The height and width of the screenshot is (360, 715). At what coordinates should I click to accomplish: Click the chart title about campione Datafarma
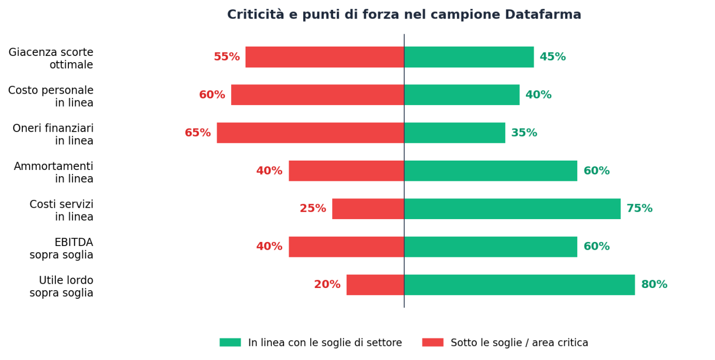[404, 15]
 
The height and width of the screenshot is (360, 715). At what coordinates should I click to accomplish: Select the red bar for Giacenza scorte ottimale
[324, 57]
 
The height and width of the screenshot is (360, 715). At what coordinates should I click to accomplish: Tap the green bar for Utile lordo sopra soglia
[519, 285]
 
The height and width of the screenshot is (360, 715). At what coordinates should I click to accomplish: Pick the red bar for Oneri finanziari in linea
[310, 133]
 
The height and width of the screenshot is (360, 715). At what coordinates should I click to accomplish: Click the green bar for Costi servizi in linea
[512, 209]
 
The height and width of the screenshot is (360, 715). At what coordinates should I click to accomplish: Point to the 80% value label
[654, 285]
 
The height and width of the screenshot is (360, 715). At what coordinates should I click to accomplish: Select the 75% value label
[639, 209]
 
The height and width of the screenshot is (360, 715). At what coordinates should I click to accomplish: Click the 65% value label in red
[197, 133]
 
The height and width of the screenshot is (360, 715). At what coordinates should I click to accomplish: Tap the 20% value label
[327, 285]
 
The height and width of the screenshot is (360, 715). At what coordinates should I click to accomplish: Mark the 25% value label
[312, 209]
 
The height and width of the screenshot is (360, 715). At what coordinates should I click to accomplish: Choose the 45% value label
[552, 57]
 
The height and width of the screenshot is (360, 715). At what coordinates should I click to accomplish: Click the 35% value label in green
[524, 133]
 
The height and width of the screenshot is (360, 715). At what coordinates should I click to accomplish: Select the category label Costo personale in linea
[51, 97]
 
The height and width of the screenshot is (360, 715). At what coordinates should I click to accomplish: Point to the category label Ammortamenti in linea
[53, 172]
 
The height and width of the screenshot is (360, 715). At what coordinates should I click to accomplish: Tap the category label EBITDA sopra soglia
[61, 249]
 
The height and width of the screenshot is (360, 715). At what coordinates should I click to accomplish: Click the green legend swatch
[230, 342]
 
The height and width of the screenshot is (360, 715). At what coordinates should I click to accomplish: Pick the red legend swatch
[433, 342]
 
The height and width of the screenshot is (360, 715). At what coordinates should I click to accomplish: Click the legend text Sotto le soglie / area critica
[519, 343]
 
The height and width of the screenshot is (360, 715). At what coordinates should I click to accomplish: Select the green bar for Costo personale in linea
[462, 95]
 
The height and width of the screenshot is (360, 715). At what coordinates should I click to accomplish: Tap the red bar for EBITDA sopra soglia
[346, 247]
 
